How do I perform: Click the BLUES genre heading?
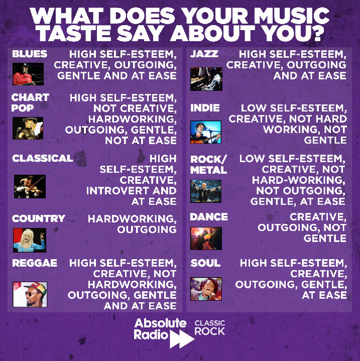(29, 54)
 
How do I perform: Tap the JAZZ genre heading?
(204, 54)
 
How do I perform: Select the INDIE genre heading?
(205, 108)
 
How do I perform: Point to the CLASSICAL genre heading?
(43, 158)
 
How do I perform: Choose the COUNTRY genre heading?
(39, 218)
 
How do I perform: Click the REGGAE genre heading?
(35, 263)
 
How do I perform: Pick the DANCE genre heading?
(209, 217)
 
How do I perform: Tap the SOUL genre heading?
(205, 263)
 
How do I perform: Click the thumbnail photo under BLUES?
(28, 74)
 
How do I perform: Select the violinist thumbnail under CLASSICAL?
(30, 186)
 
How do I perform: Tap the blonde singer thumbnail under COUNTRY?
(29, 240)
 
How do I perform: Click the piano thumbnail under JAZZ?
(206, 79)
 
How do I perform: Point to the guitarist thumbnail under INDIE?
(206, 132)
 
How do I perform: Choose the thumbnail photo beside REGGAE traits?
(30, 294)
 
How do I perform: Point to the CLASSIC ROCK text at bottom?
(209, 327)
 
